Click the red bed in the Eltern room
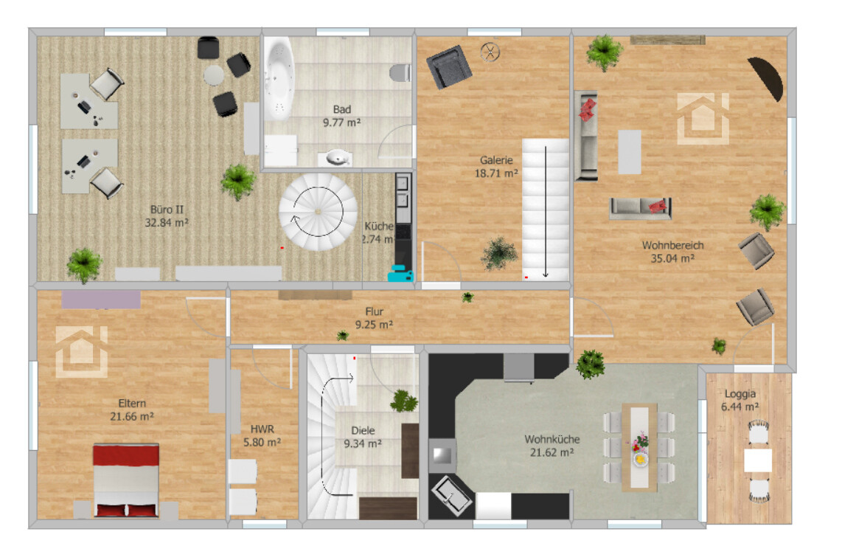click(x=126, y=480)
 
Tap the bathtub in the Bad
click(x=278, y=77)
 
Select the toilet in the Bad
click(x=400, y=72)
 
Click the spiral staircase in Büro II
click(x=318, y=212)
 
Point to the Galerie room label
click(x=496, y=160)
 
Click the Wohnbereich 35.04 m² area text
click(x=672, y=258)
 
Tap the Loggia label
click(x=740, y=394)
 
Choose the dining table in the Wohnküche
click(x=639, y=447)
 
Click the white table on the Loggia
click(x=758, y=460)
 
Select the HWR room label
click(x=262, y=429)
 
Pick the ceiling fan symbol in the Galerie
click(x=490, y=52)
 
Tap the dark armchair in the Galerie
click(x=449, y=66)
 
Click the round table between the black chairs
click(x=214, y=75)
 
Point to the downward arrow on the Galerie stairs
click(x=546, y=212)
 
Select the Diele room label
click(x=363, y=430)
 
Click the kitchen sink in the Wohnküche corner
click(x=452, y=496)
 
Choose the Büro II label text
click(x=167, y=210)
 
